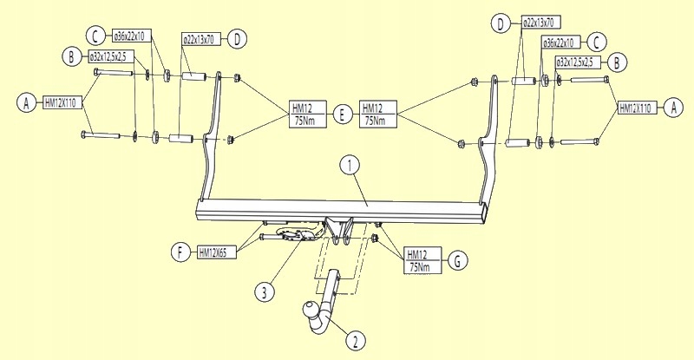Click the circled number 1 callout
coord(350,166)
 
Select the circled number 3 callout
coord(265,292)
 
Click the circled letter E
coord(342,115)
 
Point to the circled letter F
coord(180,252)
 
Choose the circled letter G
coord(457,261)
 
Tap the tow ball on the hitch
coord(310,309)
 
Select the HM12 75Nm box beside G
coord(422,260)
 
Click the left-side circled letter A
coord(27,103)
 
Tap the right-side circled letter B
coord(617,62)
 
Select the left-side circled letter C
coord(95,36)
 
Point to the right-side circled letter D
coord(501,24)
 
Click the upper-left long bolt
coord(114,72)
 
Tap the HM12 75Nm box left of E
coord(308,115)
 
